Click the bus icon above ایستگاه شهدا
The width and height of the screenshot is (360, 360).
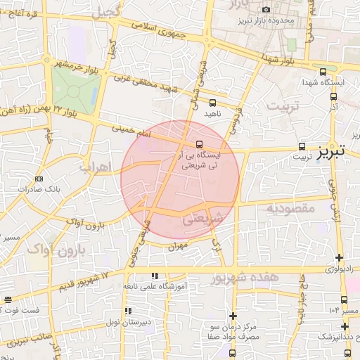323,72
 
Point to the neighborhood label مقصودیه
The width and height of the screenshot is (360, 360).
295,208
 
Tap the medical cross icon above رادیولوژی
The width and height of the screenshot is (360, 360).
340,258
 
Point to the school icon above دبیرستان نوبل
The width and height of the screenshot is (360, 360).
127,311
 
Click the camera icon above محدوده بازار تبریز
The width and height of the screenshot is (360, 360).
266,9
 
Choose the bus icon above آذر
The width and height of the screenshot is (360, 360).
333,97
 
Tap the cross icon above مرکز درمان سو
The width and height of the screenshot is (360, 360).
233,316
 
